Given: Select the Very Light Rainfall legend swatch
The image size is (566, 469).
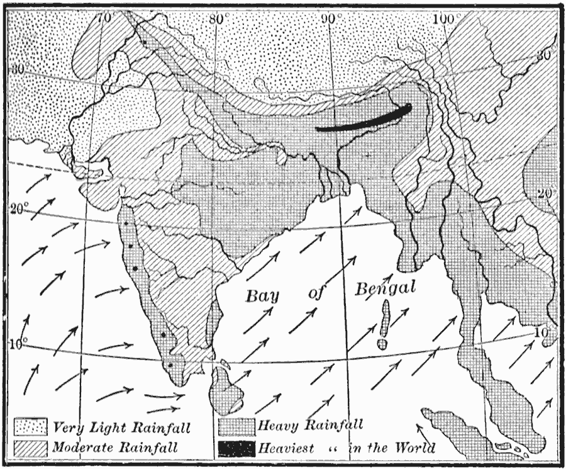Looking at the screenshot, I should click(x=31, y=428).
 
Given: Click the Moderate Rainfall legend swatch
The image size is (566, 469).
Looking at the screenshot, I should click(x=31, y=448).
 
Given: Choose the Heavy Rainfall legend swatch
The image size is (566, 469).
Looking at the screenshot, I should click(x=236, y=428).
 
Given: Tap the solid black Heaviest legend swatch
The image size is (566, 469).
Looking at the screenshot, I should click(x=236, y=448).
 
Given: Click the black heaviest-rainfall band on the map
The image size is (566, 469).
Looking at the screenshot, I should click(x=365, y=119).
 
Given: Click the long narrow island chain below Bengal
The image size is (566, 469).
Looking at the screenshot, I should click(x=384, y=321).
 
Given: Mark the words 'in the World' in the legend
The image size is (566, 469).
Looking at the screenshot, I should click(x=391, y=448).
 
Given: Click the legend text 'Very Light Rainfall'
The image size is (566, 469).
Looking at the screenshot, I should click(x=122, y=428).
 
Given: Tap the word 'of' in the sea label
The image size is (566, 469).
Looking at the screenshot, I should click(x=316, y=293).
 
